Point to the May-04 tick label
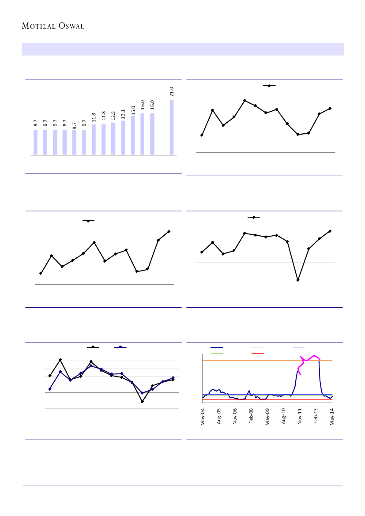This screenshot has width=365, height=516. (x=203, y=417)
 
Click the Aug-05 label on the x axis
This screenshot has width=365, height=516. (x=219, y=417)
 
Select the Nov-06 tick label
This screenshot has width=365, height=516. (x=235, y=417)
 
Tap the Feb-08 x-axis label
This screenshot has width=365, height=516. (x=252, y=417)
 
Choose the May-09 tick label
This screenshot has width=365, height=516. (x=267, y=417)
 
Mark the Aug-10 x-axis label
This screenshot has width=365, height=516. (x=284, y=417)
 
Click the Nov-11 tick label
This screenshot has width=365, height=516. (x=300, y=417)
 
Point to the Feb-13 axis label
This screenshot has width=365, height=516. (x=316, y=417)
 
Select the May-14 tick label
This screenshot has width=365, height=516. (x=332, y=417)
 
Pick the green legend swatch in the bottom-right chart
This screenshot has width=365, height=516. (x=217, y=353)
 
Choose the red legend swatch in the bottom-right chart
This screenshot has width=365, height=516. (x=258, y=353)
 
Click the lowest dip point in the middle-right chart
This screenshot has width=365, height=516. (x=298, y=280)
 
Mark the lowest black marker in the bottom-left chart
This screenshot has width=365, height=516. (x=142, y=402)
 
